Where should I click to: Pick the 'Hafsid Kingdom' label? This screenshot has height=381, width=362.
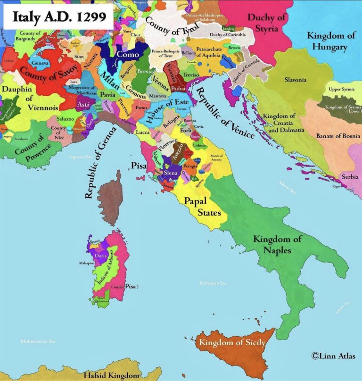(111, 375)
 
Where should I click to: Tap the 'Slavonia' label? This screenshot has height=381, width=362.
(296, 80)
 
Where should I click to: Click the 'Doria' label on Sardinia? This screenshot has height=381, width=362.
(100, 256)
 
